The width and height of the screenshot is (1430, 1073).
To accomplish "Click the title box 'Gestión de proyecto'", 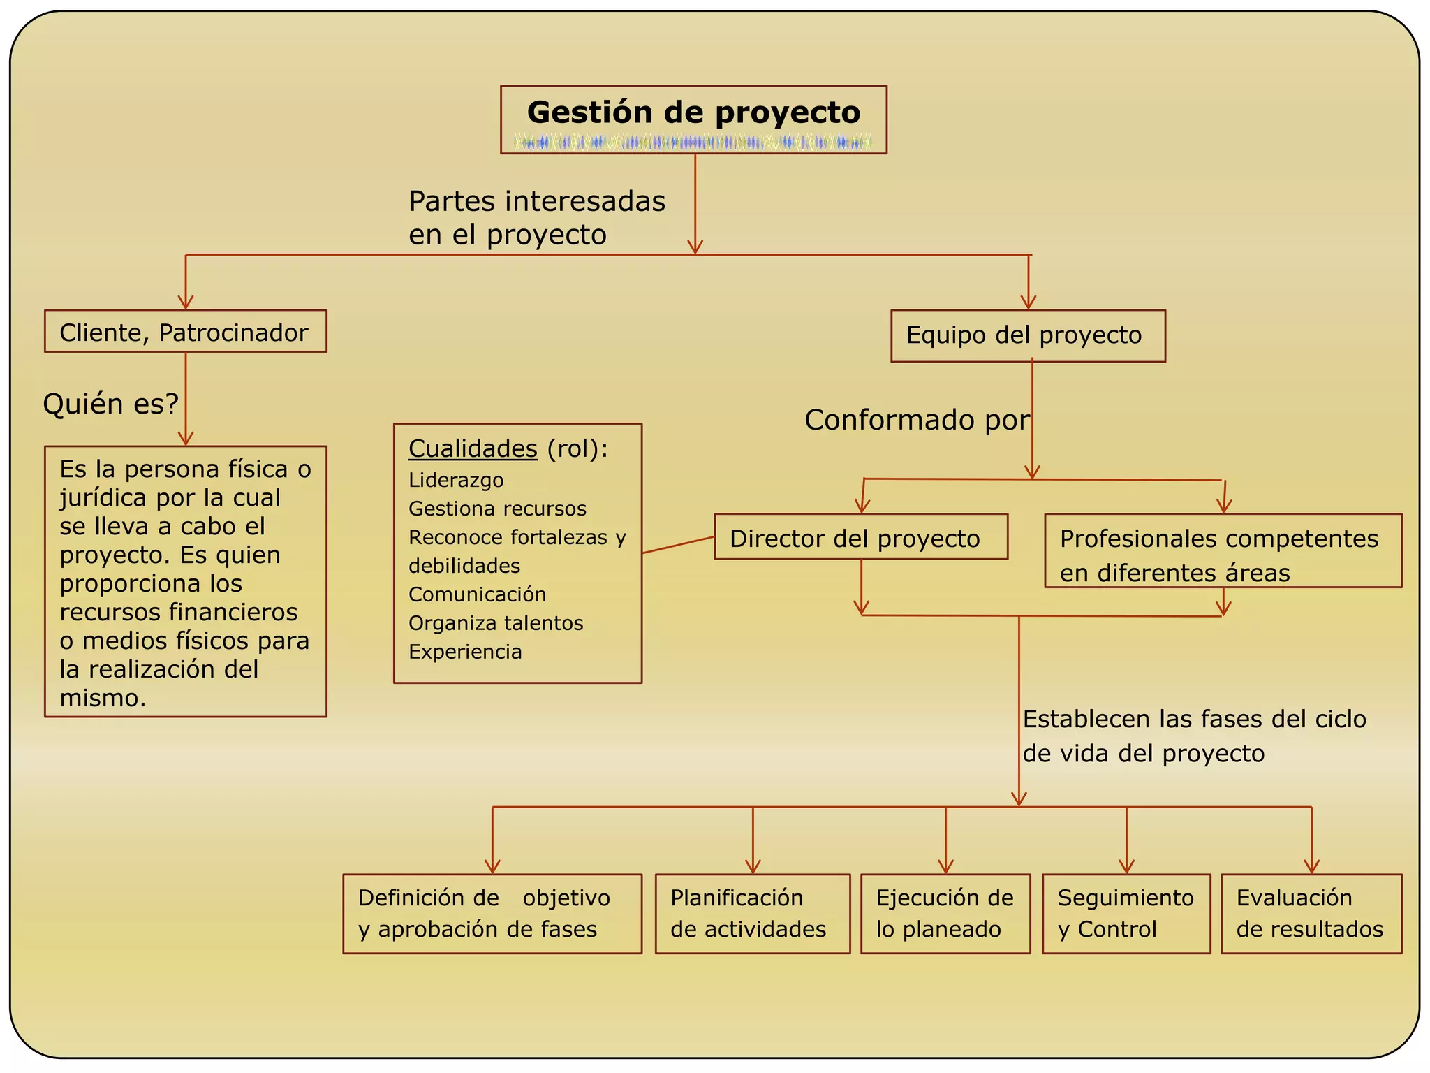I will click(x=693, y=112).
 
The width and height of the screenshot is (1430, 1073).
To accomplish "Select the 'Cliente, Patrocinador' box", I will click(x=185, y=332).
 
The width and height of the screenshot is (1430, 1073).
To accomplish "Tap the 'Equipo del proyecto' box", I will click(x=1028, y=336).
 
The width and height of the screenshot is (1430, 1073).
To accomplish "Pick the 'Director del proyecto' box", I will click(x=860, y=537).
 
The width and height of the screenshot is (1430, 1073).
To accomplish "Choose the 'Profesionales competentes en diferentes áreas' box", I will click(x=1223, y=551).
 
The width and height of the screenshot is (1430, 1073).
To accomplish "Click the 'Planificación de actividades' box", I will click(x=752, y=914).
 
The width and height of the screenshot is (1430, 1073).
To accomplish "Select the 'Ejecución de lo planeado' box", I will click(x=945, y=914).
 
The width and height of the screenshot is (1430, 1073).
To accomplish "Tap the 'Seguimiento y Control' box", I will click(x=1126, y=914).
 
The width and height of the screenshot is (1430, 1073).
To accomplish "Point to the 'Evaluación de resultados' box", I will click(x=1311, y=914).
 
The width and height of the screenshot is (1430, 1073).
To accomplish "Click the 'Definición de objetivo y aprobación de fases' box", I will click(x=492, y=914).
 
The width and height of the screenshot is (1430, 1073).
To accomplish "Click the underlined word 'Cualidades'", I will click(x=473, y=448).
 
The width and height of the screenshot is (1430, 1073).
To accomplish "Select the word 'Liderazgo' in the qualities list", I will click(x=456, y=481).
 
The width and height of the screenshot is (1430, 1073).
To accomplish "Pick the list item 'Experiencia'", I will click(x=465, y=652).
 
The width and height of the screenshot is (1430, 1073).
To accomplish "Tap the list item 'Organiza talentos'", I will click(x=496, y=623).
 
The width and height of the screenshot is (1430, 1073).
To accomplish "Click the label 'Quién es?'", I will click(x=110, y=404).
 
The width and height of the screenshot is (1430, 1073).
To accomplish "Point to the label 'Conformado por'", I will click(x=916, y=421).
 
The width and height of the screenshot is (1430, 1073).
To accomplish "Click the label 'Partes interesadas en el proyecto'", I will click(x=536, y=218).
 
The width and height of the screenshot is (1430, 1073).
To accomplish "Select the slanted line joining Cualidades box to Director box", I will click(x=677, y=545).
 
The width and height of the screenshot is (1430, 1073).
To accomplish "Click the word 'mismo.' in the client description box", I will click(x=103, y=698).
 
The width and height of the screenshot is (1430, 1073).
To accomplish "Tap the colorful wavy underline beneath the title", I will click(x=693, y=143).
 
